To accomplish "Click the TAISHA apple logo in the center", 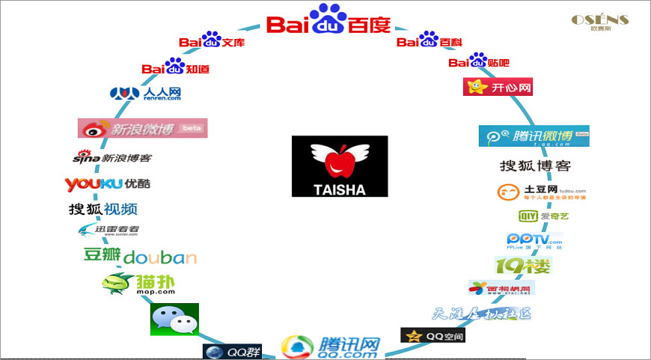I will (x=340, y=166).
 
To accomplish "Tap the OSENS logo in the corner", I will (x=599, y=22).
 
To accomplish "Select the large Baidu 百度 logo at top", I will (x=329, y=21).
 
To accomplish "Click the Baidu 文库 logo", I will (x=212, y=42).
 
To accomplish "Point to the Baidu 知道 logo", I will (x=175, y=67).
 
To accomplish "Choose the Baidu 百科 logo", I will (x=429, y=42).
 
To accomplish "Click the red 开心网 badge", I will (x=499, y=88).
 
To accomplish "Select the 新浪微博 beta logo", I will (x=142, y=128).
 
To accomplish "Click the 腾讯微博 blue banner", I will (x=534, y=136).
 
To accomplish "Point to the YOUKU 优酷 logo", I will (x=107, y=184).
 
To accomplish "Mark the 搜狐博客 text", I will (x=534, y=166).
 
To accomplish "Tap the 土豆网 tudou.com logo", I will (x=532, y=192).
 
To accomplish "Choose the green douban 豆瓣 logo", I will (x=139, y=257).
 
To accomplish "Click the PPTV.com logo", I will (x=534, y=241).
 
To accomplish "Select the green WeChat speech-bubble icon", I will (x=174, y=320).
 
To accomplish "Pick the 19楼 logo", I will (x=522, y=265).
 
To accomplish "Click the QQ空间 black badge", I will (x=433, y=336).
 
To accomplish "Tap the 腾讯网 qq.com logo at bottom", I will (x=331, y=347).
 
